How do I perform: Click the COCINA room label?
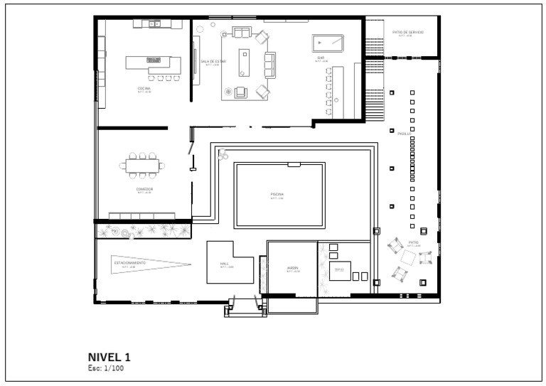(x=144, y=88)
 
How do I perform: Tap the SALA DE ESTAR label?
(x=213, y=61)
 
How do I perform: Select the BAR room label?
(x=321, y=58)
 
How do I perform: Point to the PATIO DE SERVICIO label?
(x=408, y=32)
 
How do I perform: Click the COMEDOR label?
(x=145, y=189)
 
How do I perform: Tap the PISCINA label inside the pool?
(x=277, y=194)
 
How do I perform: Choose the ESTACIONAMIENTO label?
(x=130, y=262)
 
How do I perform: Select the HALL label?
(x=225, y=264)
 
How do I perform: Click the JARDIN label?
(x=292, y=268)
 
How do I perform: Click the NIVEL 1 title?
(x=109, y=357)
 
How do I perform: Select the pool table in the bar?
(x=328, y=43)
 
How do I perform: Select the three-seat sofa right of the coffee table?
(x=270, y=65)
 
